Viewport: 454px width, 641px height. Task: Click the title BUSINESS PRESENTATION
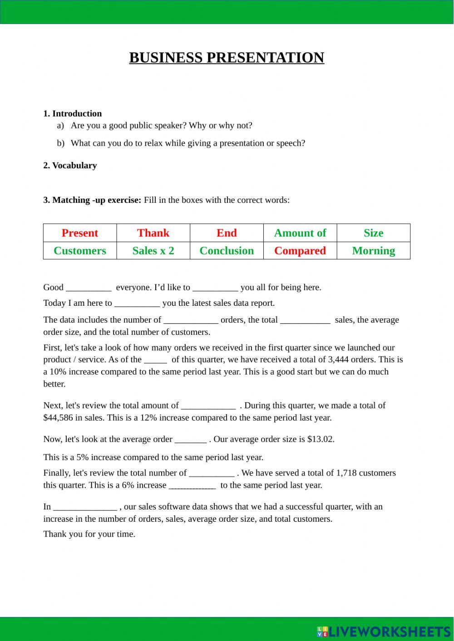click(227, 58)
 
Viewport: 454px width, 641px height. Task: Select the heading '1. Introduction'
click(72, 113)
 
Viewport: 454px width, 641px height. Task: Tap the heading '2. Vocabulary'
click(70, 165)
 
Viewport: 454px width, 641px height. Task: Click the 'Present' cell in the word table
click(80, 233)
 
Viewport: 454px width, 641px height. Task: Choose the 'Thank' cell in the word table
click(153, 233)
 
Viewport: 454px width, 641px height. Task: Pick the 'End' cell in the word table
click(227, 233)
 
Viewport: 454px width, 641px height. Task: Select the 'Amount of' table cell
click(300, 233)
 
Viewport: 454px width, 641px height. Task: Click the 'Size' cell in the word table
click(373, 233)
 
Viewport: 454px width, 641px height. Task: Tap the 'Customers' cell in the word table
click(80, 250)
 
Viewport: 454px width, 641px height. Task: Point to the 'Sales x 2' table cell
click(153, 250)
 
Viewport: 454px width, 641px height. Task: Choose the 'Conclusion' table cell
click(227, 250)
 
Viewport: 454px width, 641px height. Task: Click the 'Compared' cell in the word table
click(300, 250)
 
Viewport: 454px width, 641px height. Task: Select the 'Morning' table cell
click(373, 250)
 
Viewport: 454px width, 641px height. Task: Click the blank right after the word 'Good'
click(89, 288)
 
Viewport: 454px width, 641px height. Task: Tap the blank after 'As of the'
click(155, 360)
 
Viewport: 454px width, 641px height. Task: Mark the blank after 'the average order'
click(191, 440)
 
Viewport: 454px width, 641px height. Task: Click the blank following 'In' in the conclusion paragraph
click(85, 507)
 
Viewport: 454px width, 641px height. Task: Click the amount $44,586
click(58, 417)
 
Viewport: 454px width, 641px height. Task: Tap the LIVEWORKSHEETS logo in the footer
click(384, 631)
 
